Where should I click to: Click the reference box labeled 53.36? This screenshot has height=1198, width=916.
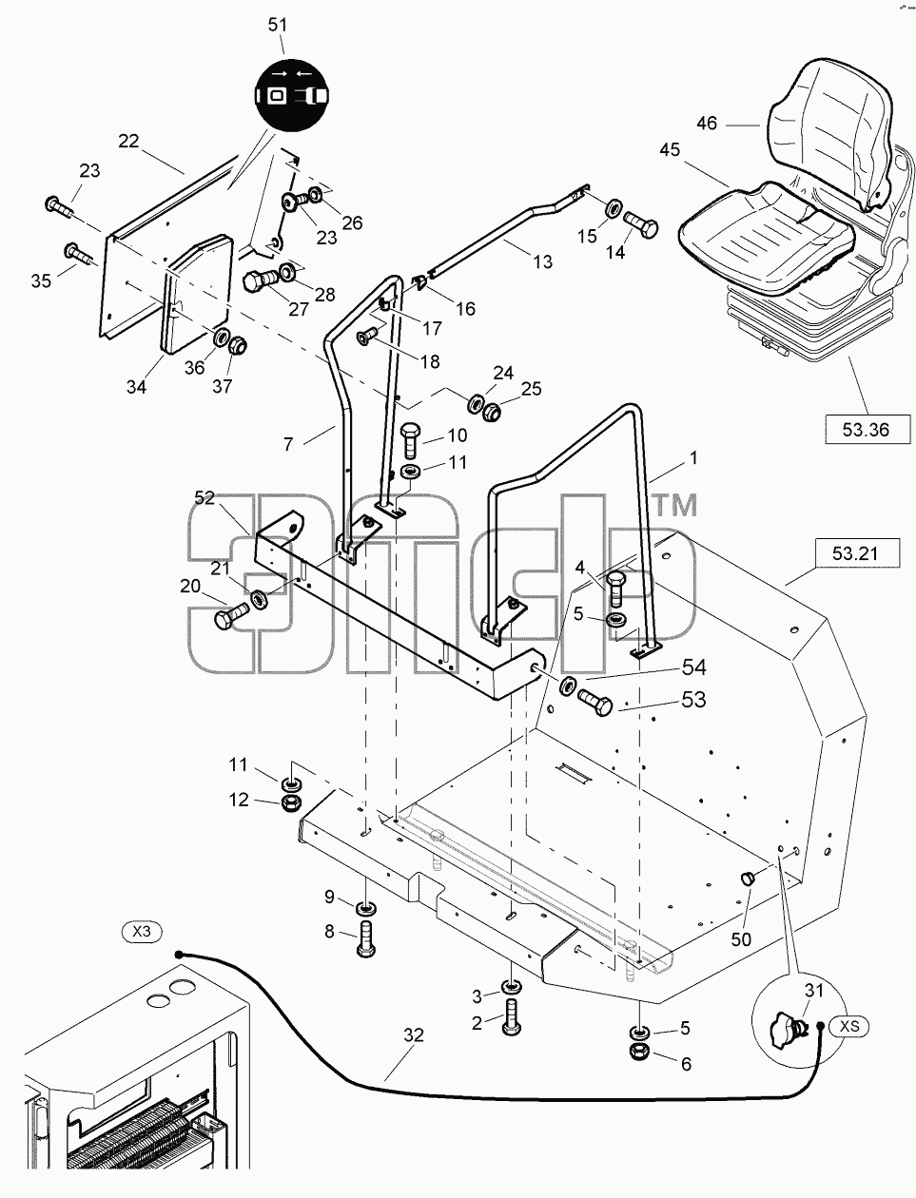click(x=867, y=430)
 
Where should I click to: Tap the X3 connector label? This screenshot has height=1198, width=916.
click(x=142, y=931)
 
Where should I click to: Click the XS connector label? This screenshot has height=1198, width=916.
click(x=848, y=1027)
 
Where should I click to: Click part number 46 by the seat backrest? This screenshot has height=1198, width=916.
click(x=707, y=124)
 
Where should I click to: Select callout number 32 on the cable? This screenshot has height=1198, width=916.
click(x=414, y=1035)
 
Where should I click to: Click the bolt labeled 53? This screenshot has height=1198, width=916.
click(x=595, y=703)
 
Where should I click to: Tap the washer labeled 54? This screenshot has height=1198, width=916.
click(x=568, y=685)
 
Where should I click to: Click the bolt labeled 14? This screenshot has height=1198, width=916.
click(x=640, y=223)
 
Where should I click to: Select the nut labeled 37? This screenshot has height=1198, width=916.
click(x=238, y=346)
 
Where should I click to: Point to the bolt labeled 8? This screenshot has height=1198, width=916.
click(x=366, y=937)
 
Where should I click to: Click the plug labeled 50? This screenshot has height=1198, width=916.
click(x=747, y=878)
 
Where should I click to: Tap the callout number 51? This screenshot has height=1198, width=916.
click(x=278, y=25)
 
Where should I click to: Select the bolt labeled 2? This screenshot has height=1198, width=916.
click(x=511, y=1016)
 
